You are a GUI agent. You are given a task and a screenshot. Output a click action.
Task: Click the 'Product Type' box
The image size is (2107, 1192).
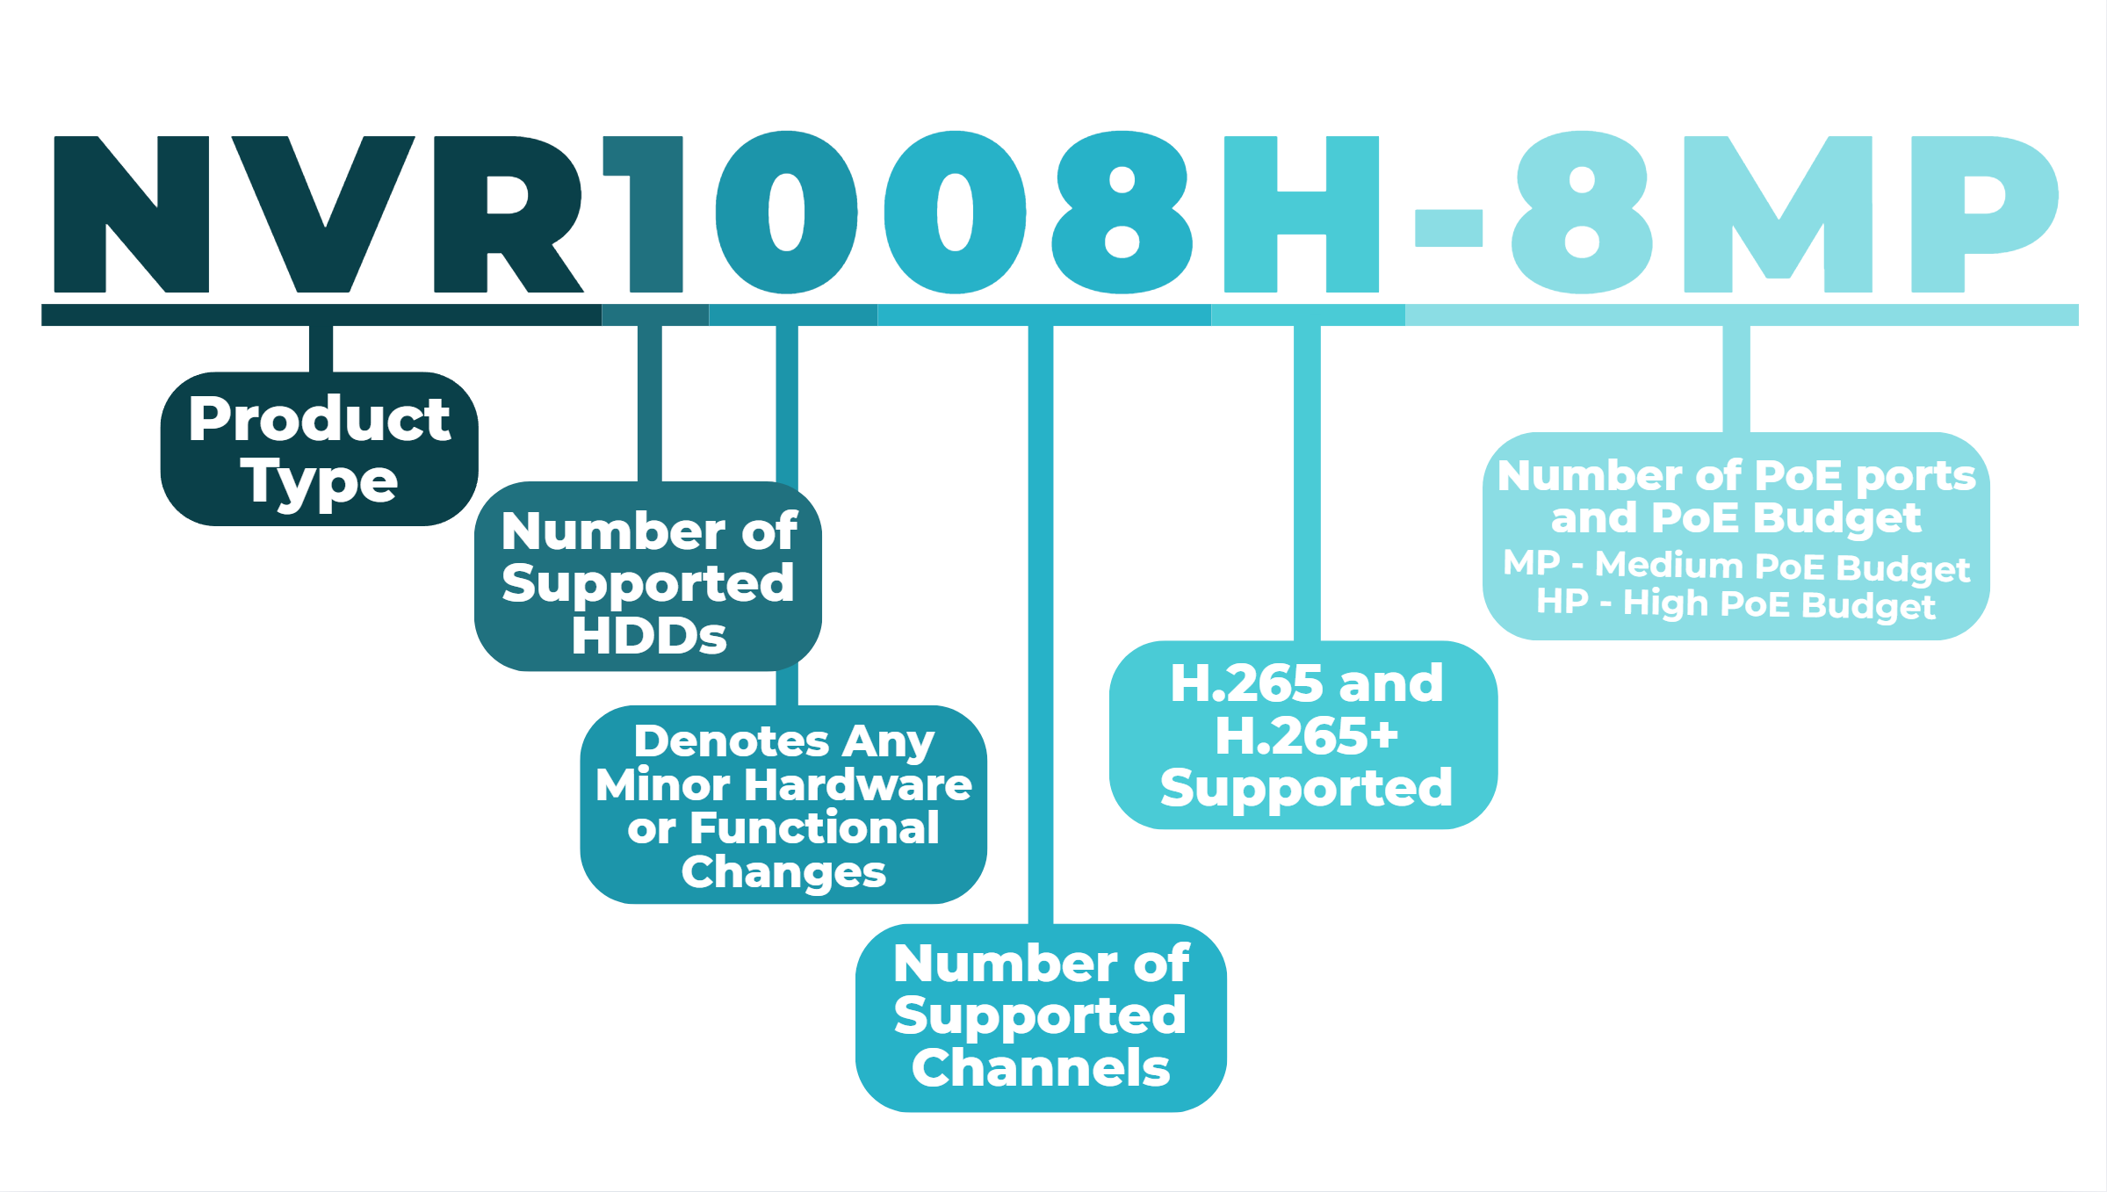(x=319, y=449)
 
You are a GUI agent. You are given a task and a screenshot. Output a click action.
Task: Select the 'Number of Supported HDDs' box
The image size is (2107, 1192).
(x=648, y=576)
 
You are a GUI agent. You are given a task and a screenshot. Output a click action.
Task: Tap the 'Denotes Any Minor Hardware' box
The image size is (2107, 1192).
(x=783, y=804)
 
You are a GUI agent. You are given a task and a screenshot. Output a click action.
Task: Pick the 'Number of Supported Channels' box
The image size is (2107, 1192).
(x=1041, y=1017)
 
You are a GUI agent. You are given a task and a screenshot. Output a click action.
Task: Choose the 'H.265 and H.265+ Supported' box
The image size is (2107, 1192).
(x=1303, y=734)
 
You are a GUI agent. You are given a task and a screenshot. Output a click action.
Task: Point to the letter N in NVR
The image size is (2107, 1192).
(x=132, y=214)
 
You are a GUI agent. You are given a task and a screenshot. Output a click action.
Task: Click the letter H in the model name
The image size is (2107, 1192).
(x=1302, y=214)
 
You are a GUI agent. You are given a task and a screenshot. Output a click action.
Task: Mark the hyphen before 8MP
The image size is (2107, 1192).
(x=1449, y=228)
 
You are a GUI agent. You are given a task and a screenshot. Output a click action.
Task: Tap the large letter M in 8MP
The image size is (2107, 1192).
(x=1778, y=214)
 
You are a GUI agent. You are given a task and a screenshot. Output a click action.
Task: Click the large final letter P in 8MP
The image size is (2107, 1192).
(x=1976, y=214)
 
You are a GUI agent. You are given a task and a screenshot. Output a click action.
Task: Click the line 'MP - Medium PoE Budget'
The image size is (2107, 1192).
(x=1736, y=566)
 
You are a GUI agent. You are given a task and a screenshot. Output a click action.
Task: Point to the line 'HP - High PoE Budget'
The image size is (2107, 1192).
(x=1735, y=604)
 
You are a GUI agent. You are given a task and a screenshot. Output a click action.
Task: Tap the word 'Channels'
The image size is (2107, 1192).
(x=1041, y=1068)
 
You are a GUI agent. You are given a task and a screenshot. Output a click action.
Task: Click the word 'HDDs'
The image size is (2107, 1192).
(x=649, y=635)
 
